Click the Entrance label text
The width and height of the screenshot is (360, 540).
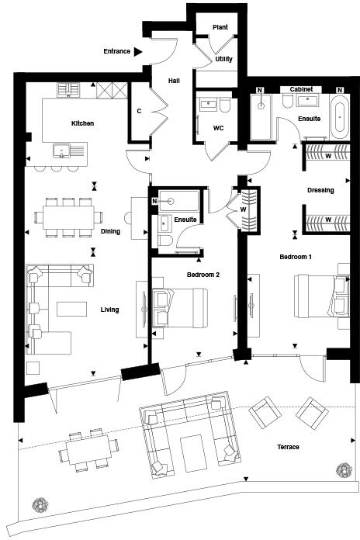click(116, 52)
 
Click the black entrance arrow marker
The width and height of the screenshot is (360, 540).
click(138, 52)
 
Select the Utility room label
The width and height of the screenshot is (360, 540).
click(224, 58)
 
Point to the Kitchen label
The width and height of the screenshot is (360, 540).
click(83, 123)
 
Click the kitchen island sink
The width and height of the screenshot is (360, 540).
click(62, 150)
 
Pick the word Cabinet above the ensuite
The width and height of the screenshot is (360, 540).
click(302, 90)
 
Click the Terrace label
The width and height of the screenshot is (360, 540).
click(287, 447)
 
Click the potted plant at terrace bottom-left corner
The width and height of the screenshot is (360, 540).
click(40, 506)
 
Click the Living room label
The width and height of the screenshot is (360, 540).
click(109, 310)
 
